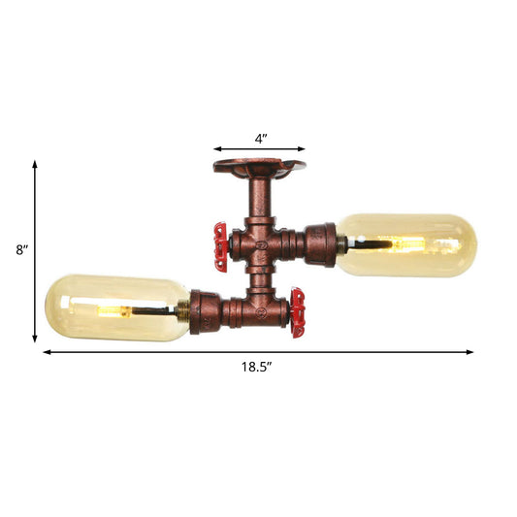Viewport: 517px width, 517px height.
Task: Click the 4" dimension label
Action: pos(260,139)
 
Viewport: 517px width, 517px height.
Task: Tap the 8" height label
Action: pos(21,250)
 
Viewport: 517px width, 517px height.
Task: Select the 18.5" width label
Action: pos(257,367)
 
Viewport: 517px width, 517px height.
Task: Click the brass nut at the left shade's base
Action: pos(181,312)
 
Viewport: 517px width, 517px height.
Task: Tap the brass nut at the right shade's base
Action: pos(341,242)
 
